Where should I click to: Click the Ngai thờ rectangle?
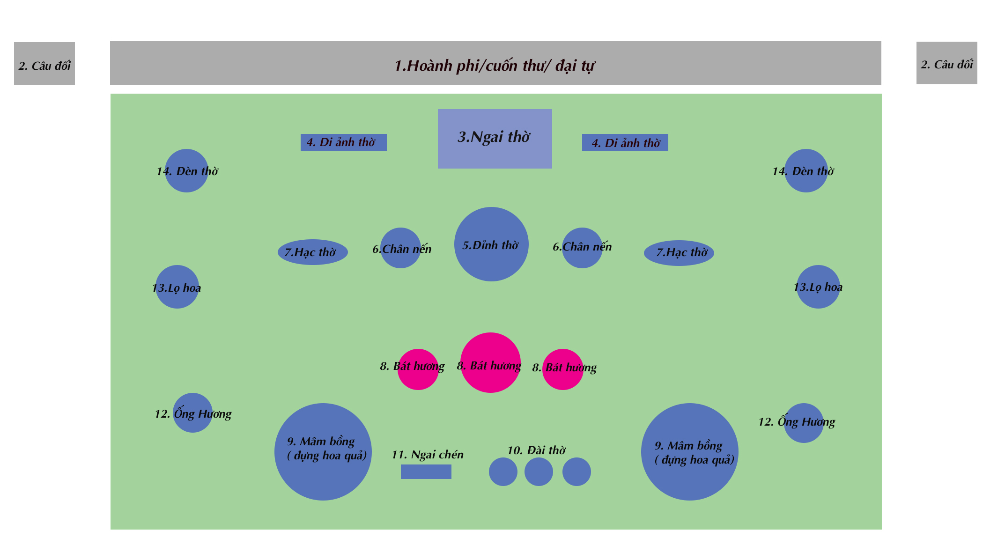click(x=495, y=139)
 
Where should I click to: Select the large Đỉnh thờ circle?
click(x=491, y=244)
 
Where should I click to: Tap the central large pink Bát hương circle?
click(x=490, y=362)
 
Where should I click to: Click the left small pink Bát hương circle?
click(x=418, y=369)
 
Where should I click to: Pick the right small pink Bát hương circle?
click(x=562, y=369)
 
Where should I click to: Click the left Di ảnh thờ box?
click(x=343, y=142)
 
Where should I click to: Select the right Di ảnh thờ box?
click(x=625, y=142)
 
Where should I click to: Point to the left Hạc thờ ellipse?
click(x=312, y=252)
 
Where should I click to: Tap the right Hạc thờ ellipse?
click(x=679, y=253)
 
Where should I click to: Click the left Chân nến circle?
click(x=400, y=248)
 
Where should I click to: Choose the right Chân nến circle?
click(x=582, y=248)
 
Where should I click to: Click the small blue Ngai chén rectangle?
click(x=426, y=472)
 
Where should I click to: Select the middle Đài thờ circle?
click(x=539, y=472)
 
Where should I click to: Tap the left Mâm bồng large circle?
click(x=323, y=452)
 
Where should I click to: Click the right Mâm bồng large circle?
click(x=689, y=452)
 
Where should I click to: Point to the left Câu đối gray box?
click(x=44, y=63)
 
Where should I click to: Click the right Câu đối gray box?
click(x=946, y=63)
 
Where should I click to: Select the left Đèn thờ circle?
click(x=186, y=170)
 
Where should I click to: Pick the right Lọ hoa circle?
click(x=818, y=287)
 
